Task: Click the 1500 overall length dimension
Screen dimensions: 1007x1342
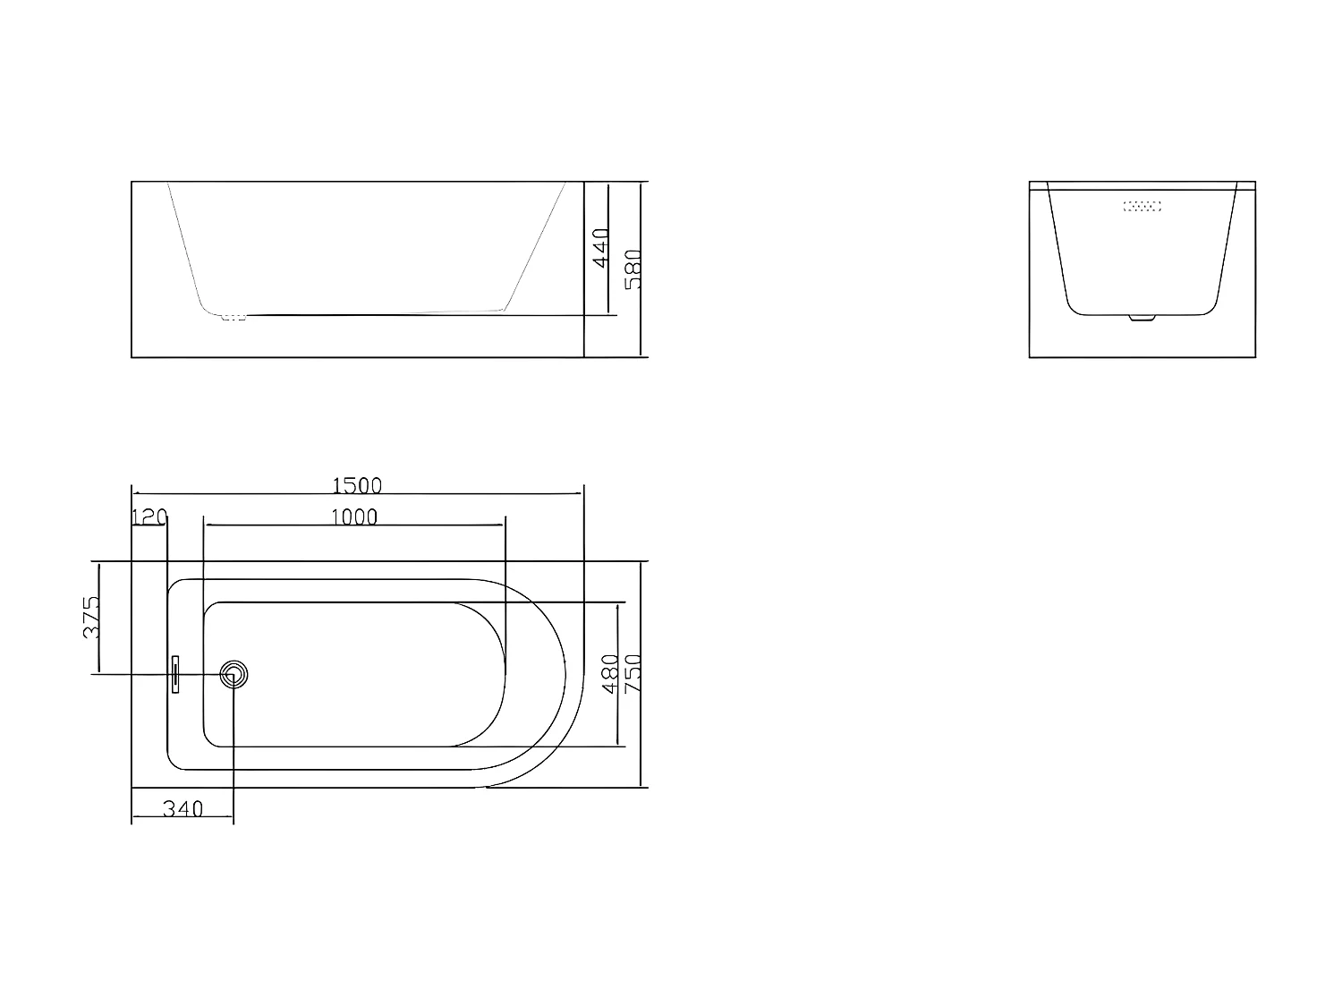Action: [357, 485]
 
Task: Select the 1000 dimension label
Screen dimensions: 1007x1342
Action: [354, 517]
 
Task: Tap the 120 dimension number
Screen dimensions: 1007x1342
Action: [149, 517]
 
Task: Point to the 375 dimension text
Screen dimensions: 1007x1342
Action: [91, 617]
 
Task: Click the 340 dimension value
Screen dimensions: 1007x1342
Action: [183, 809]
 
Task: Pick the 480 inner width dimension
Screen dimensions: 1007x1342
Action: [610, 673]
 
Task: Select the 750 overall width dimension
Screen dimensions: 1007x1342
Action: [633, 673]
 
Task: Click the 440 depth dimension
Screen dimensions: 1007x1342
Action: [600, 247]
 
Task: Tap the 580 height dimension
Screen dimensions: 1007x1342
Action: [633, 269]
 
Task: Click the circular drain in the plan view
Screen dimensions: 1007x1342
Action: [234, 674]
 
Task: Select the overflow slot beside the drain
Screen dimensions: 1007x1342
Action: [176, 674]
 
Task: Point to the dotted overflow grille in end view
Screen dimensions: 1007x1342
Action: [1142, 206]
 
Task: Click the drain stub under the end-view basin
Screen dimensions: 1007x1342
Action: [1142, 317]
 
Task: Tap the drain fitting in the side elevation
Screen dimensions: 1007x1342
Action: [234, 316]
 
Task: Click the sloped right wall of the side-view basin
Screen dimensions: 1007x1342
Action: [535, 246]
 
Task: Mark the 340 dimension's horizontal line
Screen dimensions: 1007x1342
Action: [183, 818]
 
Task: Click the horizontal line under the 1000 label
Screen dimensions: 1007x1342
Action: [354, 526]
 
